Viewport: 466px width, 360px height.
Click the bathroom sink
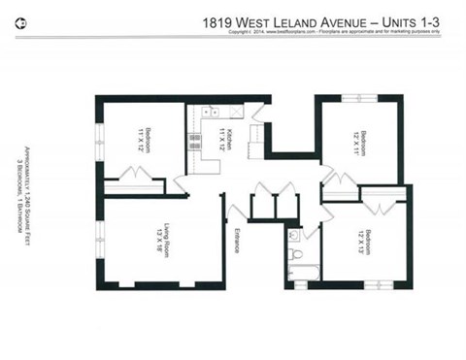pos(293,236)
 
